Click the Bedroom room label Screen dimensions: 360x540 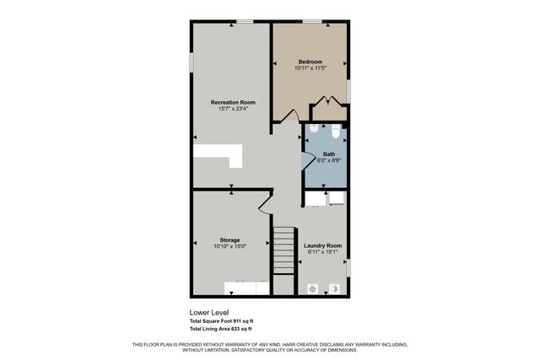[x=310, y=62]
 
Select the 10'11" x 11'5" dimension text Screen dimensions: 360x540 [x=310, y=68]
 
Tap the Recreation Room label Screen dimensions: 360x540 [x=233, y=102]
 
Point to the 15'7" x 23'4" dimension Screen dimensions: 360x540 [x=233, y=109]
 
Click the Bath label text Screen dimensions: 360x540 [x=328, y=154]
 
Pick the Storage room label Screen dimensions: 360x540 [x=230, y=240]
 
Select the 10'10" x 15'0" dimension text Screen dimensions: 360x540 [x=230, y=247]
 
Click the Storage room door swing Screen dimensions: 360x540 [x=264, y=201]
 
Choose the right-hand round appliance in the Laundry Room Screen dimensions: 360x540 [x=335, y=287]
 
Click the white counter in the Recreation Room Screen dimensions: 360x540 [x=218, y=156]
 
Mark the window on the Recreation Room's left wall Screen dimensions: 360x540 [x=192, y=63]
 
